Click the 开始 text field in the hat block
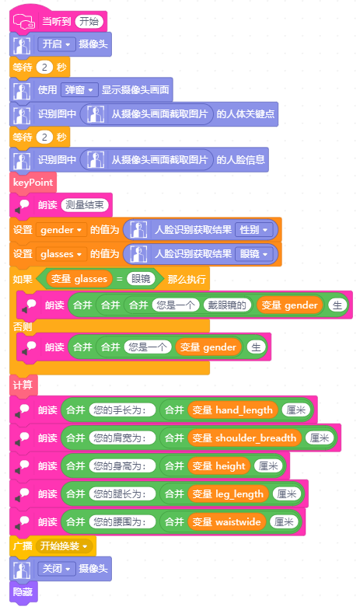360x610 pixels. click(x=89, y=22)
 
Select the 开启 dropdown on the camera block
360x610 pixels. click(x=56, y=44)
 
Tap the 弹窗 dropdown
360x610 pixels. click(x=79, y=90)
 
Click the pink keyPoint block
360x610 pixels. click(x=33, y=183)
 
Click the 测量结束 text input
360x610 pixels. click(x=85, y=205)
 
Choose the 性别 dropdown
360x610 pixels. click(x=253, y=229)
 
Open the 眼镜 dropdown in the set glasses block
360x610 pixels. click(x=253, y=254)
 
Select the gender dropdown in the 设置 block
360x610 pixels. click(x=61, y=230)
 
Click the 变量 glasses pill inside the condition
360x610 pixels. click(x=79, y=279)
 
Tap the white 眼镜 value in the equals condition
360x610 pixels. click(x=141, y=279)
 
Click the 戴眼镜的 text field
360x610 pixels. click(x=227, y=305)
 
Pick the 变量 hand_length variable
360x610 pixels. click(x=232, y=410)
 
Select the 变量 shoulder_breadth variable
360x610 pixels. click(x=244, y=438)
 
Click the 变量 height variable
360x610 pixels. click(x=218, y=466)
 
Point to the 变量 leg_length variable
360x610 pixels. click(x=228, y=494)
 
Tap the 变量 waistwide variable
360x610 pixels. click(x=226, y=522)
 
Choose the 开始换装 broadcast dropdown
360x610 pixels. click(x=65, y=546)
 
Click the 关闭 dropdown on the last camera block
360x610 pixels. click(x=56, y=569)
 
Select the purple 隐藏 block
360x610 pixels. click(x=23, y=592)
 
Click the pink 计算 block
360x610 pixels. click(x=23, y=385)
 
